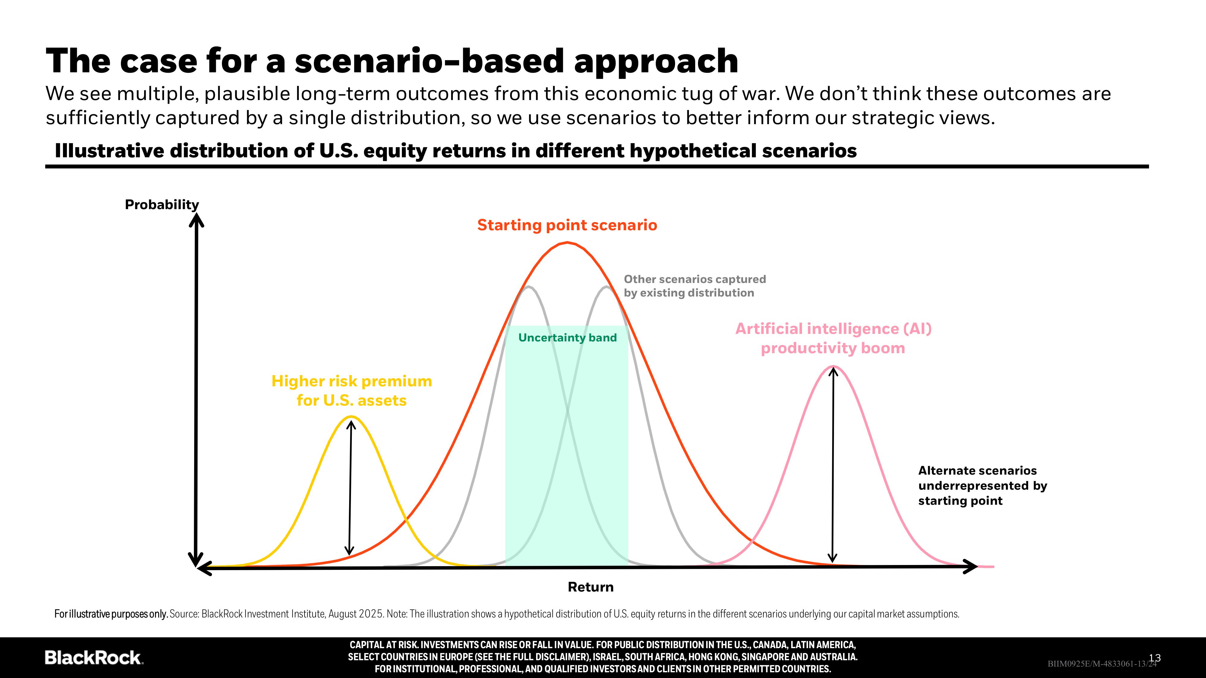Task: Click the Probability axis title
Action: click(162, 205)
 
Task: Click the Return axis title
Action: click(590, 587)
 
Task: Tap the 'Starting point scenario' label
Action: click(567, 225)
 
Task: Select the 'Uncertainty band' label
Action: click(567, 338)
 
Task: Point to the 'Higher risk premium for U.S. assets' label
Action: click(352, 391)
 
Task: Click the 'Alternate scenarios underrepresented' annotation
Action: click(982, 485)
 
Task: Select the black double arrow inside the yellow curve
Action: click(350, 487)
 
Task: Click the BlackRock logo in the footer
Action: click(94, 658)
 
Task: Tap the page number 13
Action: click(1155, 658)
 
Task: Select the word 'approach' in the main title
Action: click(656, 61)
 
